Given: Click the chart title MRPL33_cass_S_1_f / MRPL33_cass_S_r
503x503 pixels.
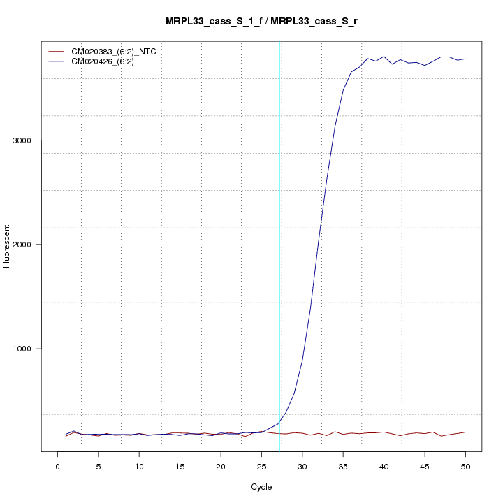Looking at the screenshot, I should tap(262, 22).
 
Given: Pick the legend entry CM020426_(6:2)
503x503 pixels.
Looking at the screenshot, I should tap(108, 61).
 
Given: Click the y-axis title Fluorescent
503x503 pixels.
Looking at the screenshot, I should tap(8, 246).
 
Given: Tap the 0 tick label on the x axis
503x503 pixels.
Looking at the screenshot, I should tap(57, 465).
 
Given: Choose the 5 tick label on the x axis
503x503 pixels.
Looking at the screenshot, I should tap(99, 465).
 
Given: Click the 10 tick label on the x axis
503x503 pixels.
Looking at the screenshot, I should tap(139, 465).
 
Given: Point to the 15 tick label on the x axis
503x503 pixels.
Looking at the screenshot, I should tap(180, 465).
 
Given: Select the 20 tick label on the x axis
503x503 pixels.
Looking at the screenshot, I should tap(221, 465).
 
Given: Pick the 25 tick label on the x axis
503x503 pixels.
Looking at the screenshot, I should tap(261, 465).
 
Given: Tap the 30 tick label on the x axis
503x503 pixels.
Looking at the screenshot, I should tap(302, 465).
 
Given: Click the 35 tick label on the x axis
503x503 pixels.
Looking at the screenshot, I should tap(343, 465).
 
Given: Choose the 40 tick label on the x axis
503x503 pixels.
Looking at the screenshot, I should tap(384, 465).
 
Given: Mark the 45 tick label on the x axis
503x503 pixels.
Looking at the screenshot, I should tap(424, 465).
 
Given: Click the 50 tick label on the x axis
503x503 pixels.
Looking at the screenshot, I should tap(465, 465).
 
